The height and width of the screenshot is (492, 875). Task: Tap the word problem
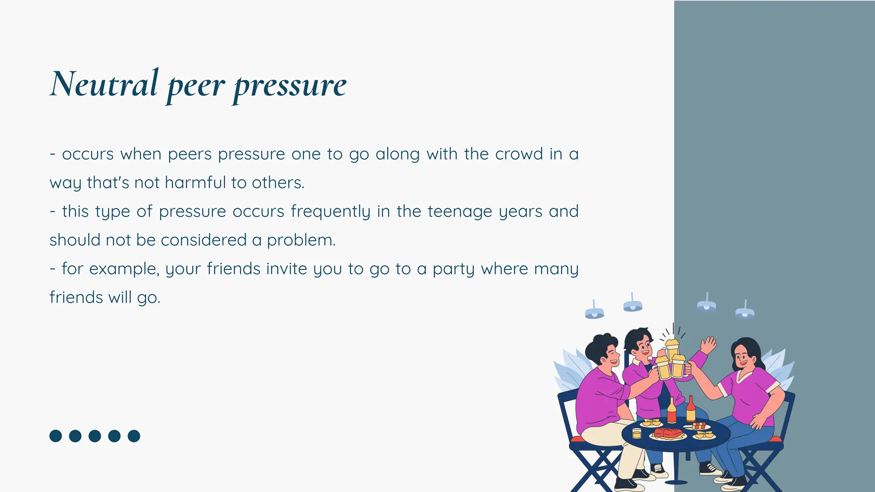click(301, 240)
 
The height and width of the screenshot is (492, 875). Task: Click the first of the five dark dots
click(56, 436)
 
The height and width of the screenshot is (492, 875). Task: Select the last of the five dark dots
click(134, 436)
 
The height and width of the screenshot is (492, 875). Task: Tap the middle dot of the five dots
click(94, 436)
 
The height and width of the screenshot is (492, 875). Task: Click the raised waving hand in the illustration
click(708, 344)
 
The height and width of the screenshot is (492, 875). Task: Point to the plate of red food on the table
click(667, 433)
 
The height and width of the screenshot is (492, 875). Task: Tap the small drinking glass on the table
click(637, 433)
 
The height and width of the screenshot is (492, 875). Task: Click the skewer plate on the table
click(698, 426)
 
